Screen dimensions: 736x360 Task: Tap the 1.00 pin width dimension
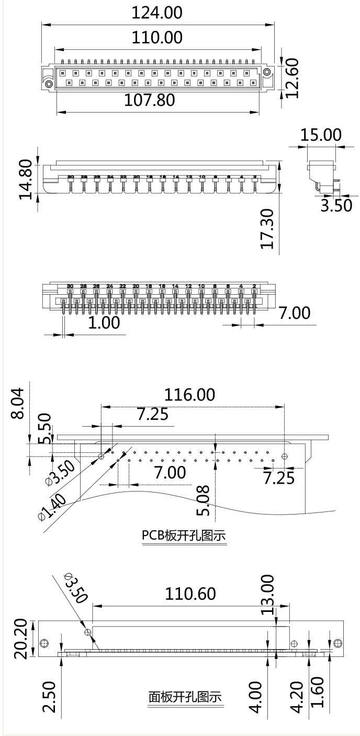click(103, 322)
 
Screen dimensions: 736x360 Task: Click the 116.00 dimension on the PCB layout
click(190, 395)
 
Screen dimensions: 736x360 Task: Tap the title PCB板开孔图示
click(184, 536)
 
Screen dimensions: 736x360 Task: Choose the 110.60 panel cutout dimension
click(190, 594)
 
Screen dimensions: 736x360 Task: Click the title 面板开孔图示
click(185, 697)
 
